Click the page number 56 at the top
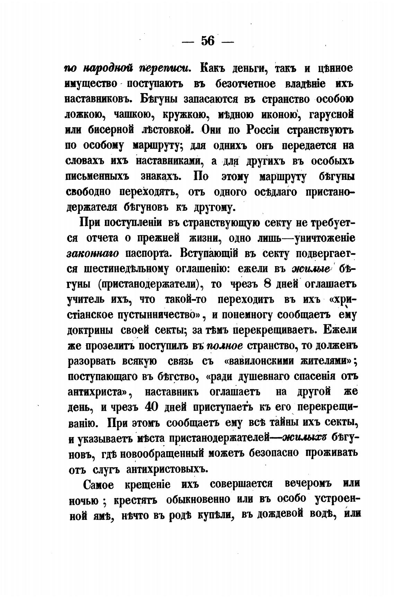coord(208,41)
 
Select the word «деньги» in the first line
coord(246,68)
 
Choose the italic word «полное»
coord(225,345)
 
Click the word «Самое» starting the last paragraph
coord(99,484)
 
